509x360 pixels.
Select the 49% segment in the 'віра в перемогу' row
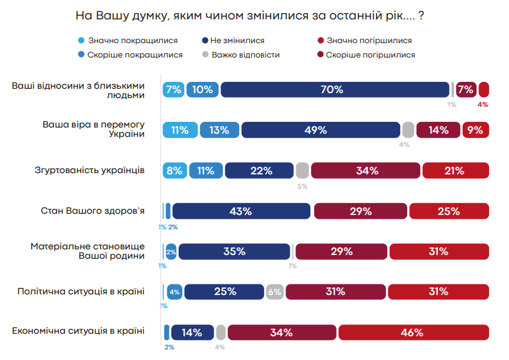pyautogui.click(x=320, y=130)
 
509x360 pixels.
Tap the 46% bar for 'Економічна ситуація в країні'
pyautogui.click(x=413, y=332)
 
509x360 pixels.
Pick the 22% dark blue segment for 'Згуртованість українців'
pyautogui.click(x=259, y=171)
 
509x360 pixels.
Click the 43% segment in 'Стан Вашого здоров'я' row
pyautogui.click(x=241, y=211)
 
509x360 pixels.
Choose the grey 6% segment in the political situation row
pyautogui.click(x=274, y=292)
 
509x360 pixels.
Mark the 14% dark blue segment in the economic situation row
pyautogui.click(x=192, y=332)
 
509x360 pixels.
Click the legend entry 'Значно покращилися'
pyautogui.click(x=132, y=40)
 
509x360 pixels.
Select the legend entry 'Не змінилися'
pyautogui.click(x=237, y=40)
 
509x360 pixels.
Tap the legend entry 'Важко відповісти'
pyautogui.click(x=245, y=55)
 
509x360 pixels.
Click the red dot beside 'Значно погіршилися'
pyautogui.click(x=320, y=40)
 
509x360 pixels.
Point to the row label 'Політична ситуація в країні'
pyautogui.click(x=81, y=291)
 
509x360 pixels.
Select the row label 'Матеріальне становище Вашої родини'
pyautogui.click(x=87, y=251)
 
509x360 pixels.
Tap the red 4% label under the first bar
pyautogui.click(x=483, y=104)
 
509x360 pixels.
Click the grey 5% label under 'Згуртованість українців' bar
pyautogui.click(x=302, y=186)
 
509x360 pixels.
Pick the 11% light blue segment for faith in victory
pyautogui.click(x=180, y=130)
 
